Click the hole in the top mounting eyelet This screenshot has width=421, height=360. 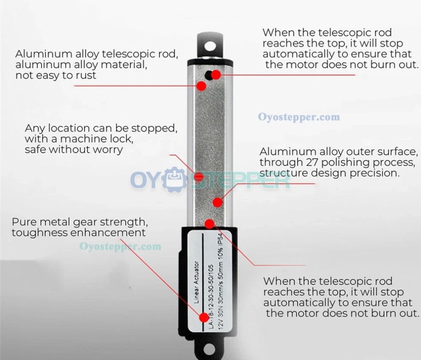210,46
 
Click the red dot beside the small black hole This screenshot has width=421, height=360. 216,75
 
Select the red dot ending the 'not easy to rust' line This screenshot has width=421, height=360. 201,86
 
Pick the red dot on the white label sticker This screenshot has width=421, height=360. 204,317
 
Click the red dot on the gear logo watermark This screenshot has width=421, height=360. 199,177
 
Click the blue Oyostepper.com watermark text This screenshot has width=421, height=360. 299,117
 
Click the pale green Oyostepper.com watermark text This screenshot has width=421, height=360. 120,246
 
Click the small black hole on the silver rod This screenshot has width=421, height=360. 208,75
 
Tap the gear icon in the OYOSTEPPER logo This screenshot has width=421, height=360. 175,180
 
